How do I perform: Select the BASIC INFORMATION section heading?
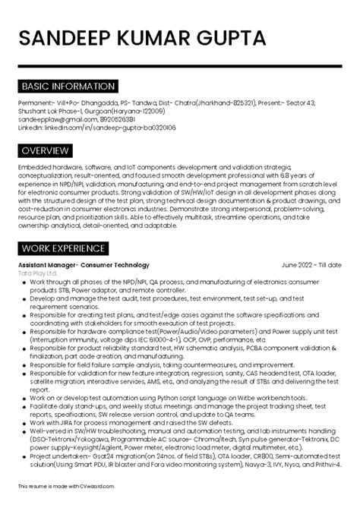(68, 87)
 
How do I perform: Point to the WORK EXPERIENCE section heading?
(63, 248)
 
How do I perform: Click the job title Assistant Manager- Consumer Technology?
(84, 265)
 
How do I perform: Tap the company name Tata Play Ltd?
(38, 273)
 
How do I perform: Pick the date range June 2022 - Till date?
(311, 265)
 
